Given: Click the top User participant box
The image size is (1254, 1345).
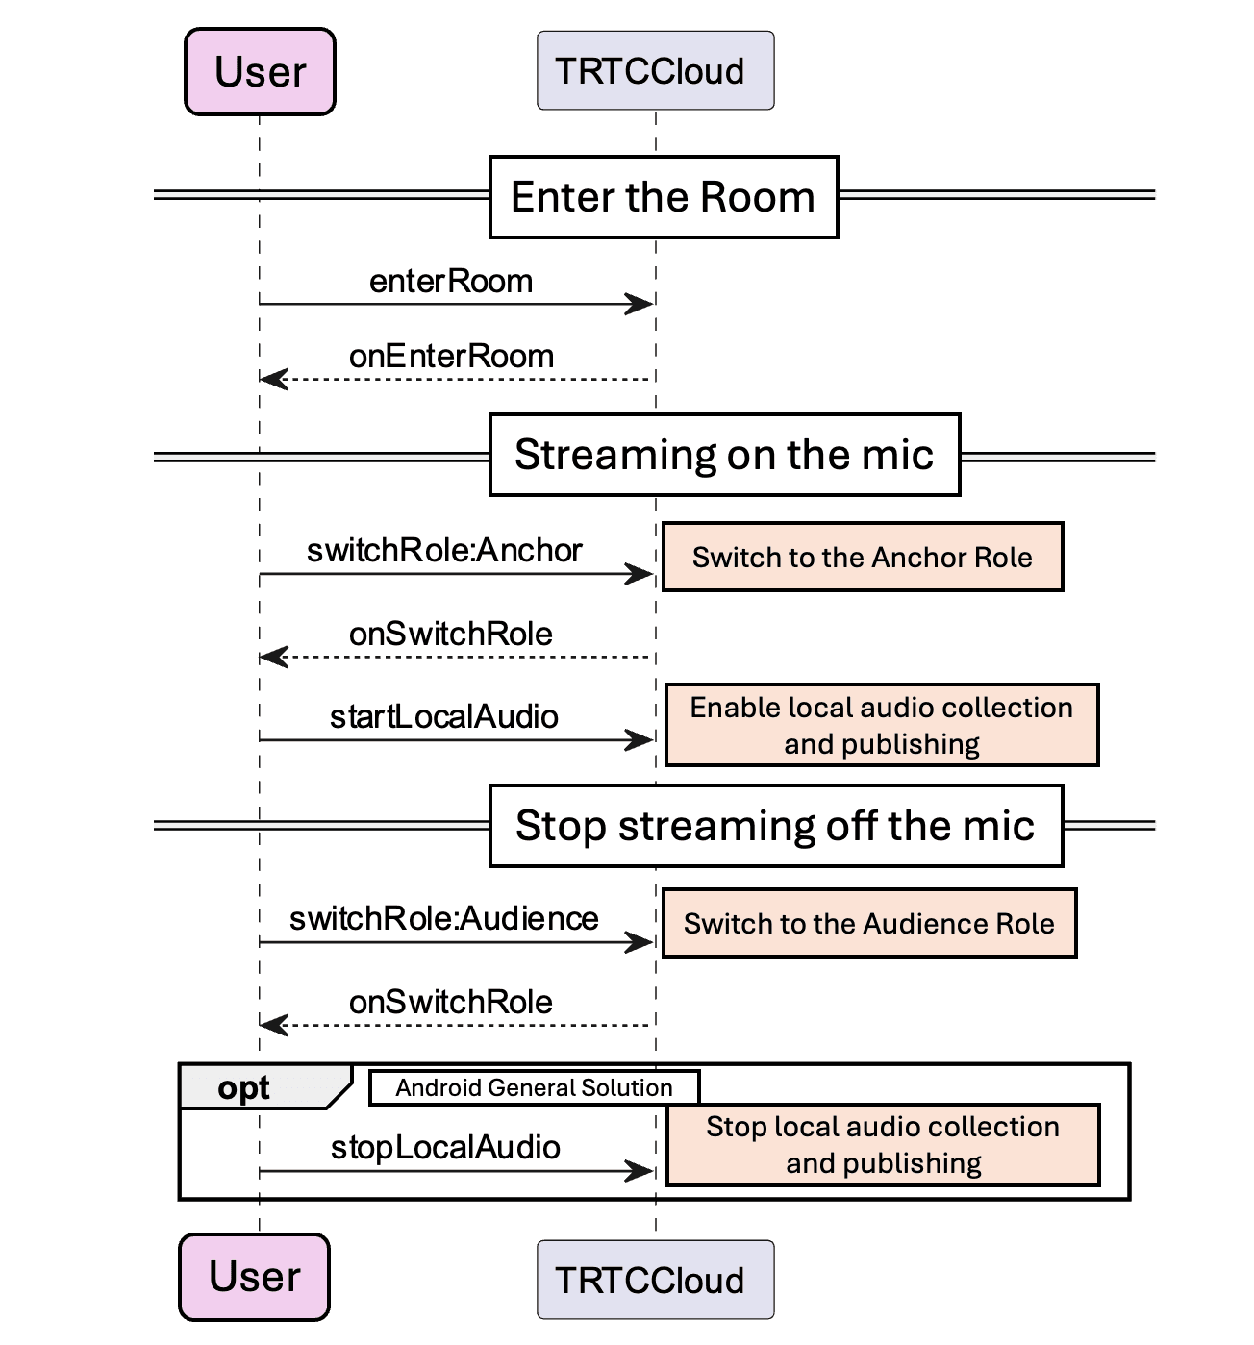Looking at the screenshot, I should (x=260, y=72).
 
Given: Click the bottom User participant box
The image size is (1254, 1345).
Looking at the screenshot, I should (x=255, y=1277).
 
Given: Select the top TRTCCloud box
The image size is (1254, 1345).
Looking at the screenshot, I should (x=655, y=71).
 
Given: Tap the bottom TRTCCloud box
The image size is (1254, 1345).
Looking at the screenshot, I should (x=655, y=1280).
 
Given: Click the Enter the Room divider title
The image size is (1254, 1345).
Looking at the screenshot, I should (x=664, y=197).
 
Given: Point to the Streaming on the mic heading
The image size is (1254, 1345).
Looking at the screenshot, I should (x=724, y=455).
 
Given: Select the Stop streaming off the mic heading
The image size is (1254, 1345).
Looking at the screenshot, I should (x=775, y=826).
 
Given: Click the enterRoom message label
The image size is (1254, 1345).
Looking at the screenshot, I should (x=451, y=282).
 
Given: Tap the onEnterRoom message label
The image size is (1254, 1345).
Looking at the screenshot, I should (x=451, y=357).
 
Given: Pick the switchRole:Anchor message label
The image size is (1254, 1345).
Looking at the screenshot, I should (x=444, y=551).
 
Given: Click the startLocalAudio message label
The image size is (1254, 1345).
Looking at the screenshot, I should (x=444, y=717).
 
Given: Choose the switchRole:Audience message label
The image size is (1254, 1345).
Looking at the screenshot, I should (x=444, y=919).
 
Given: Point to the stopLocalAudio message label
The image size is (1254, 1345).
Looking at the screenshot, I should (x=445, y=1148).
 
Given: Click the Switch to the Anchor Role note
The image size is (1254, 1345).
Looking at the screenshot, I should (x=863, y=558).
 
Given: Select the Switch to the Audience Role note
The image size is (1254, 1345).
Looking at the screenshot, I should (x=869, y=924).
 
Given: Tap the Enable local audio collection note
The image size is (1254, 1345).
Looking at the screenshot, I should (x=882, y=726).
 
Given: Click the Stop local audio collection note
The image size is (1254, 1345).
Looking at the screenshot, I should (x=883, y=1145).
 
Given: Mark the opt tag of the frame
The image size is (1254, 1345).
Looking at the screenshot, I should (x=244, y=1088).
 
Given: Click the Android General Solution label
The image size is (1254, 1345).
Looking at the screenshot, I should (x=534, y=1088).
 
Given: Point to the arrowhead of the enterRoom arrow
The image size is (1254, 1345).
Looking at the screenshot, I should (x=640, y=305).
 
